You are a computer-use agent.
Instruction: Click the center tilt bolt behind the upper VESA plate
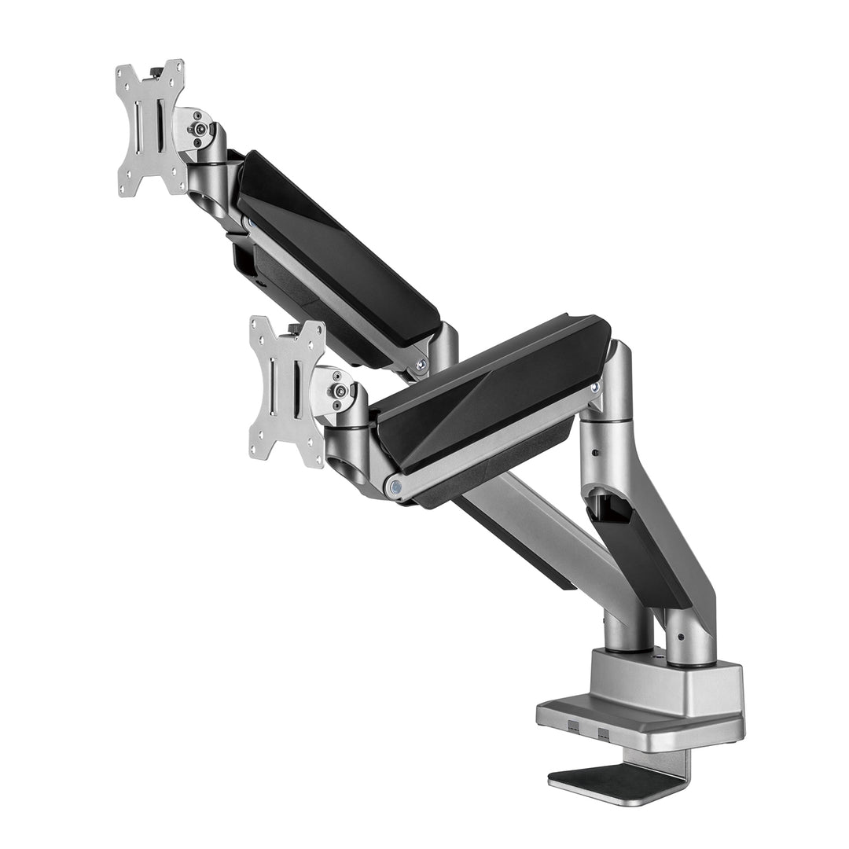pos(201,129)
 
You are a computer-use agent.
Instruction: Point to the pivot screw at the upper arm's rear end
pos(422,363)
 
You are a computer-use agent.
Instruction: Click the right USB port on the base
pos(603,733)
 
